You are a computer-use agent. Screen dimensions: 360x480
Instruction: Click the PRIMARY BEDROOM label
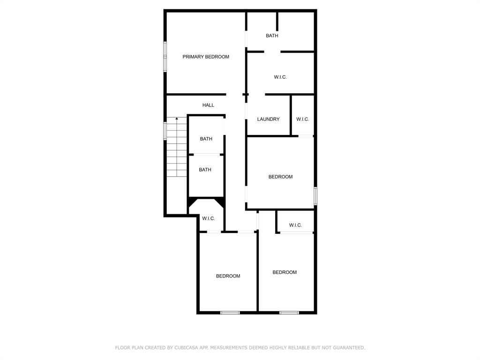[206, 57]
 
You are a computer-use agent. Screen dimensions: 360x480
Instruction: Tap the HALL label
[208, 105]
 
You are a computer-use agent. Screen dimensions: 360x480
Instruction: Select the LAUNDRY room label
[268, 119]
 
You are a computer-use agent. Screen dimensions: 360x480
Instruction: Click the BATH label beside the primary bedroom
[272, 36]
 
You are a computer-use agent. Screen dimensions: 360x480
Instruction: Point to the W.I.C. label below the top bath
[280, 77]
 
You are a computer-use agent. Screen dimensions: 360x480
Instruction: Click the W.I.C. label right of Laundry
[302, 119]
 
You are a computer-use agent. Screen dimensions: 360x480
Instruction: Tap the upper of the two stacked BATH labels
[206, 139]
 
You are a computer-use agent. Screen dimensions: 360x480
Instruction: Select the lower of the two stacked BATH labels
[205, 170]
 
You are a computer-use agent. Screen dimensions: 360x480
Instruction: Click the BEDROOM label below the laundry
[280, 177]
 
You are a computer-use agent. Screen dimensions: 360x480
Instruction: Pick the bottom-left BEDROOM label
[228, 276]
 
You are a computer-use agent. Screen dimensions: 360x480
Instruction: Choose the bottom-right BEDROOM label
[285, 272]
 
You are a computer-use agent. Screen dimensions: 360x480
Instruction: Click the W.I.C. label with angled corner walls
[209, 218]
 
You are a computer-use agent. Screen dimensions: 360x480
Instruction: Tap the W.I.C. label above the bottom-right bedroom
[295, 225]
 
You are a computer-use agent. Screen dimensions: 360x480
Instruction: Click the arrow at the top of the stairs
[177, 120]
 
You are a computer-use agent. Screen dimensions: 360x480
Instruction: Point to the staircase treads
[177, 150]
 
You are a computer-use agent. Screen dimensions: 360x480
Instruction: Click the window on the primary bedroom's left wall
[165, 57]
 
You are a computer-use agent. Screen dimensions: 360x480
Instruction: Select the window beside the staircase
[165, 131]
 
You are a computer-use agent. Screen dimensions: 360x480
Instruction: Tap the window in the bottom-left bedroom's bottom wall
[230, 313]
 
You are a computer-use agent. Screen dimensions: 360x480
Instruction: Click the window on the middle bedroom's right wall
[315, 196]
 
